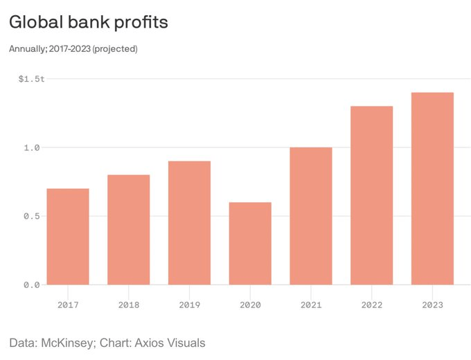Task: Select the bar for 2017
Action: [x=68, y=237]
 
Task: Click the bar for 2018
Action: [x=128, y=230]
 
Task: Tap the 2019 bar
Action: [x=189, y=223]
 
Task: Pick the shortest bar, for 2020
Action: [x=250, y=244]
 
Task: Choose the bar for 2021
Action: [x=310, y=216]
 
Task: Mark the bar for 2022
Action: [x=371, y=195]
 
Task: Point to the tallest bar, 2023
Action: [x=432, y=188]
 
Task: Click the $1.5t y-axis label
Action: [x=32, y=79]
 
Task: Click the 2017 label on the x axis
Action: [x=68, y=304]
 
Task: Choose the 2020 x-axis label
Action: [x=250, y=304]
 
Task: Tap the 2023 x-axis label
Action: [x=432, y=304]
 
